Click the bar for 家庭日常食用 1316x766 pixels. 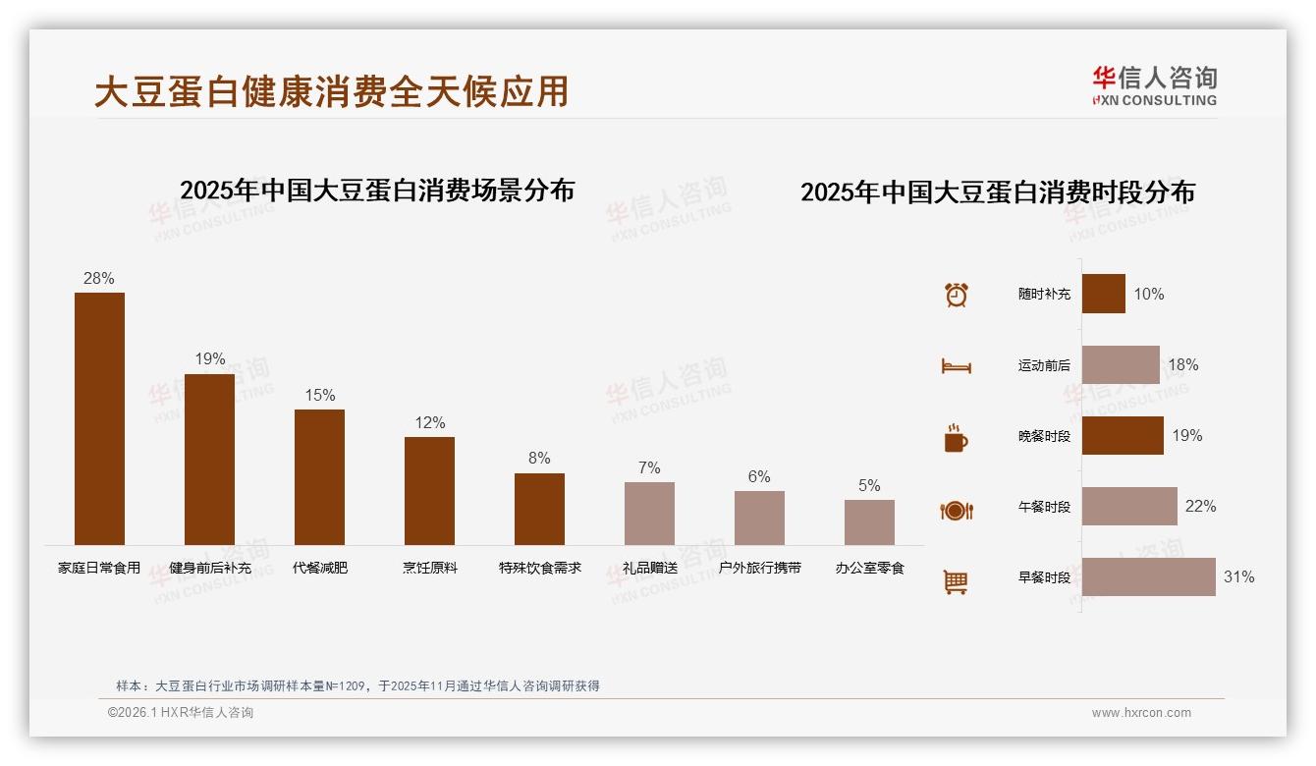99,418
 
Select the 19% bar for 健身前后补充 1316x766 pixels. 209,459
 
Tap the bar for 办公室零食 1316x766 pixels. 869,522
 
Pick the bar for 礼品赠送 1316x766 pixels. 649,514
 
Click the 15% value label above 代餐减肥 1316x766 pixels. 319,395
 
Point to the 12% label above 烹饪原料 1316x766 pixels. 429,422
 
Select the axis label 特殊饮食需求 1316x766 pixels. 539,568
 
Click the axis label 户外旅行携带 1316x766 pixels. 759,568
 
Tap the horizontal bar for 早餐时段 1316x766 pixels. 1148,577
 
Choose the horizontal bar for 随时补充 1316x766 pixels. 1103,294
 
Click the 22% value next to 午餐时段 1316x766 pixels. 1200,506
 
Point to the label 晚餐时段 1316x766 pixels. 1044,436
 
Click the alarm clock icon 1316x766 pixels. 956,295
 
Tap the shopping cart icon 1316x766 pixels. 956,581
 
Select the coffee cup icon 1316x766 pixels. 956,438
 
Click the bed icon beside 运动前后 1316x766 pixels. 956,366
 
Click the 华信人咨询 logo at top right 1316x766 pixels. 1154,85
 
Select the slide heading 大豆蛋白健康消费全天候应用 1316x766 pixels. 331,91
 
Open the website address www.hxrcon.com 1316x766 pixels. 1140,713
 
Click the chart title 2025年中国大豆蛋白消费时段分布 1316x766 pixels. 997,191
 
